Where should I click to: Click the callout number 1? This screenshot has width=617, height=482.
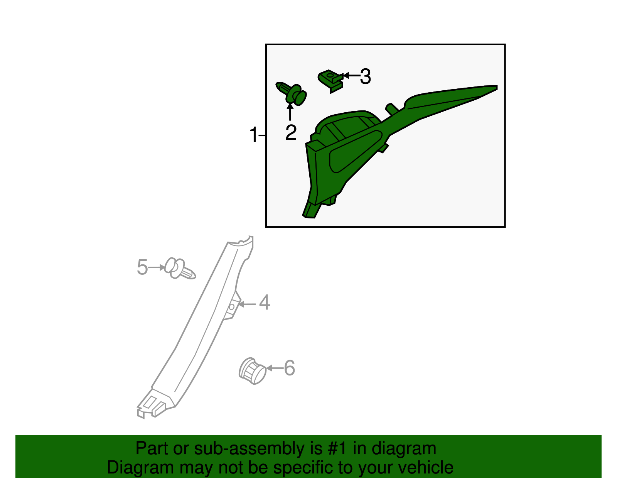253,135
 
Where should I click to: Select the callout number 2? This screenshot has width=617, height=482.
291,132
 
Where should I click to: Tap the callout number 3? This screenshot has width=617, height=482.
366,76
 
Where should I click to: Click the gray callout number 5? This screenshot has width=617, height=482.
142,267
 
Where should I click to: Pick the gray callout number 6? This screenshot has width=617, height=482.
289,368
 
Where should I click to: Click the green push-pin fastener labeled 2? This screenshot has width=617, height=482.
292,93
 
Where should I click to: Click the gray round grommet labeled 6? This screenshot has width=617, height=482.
252,370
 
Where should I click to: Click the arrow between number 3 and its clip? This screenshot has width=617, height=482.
352,76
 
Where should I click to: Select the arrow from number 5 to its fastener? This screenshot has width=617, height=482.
157,267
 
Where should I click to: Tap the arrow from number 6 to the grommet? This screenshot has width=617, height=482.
275,368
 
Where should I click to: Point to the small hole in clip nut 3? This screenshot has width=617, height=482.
330,75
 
